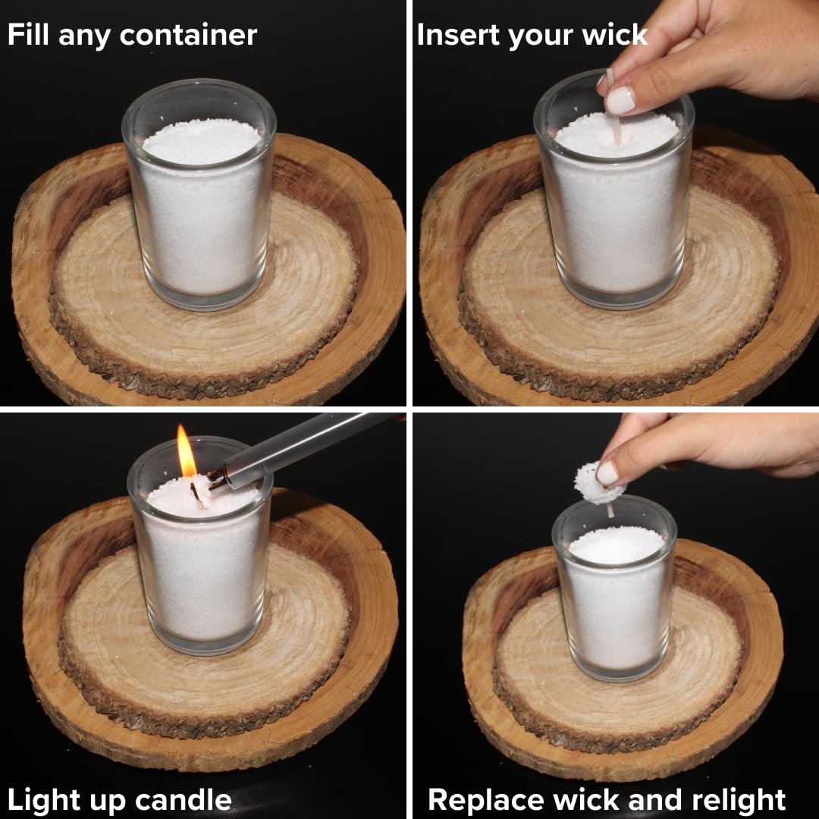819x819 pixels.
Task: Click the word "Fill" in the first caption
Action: point(29,34)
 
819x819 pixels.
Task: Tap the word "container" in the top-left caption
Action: point(188,36)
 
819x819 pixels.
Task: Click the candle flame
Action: point(186,450)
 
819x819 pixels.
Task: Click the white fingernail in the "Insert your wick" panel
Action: point(620,100)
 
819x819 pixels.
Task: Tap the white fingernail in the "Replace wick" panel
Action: point(607,473)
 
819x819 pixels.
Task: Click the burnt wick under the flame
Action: point(196,494)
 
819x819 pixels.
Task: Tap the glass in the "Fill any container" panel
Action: point(199,194)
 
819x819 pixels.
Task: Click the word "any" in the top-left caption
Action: point(85,37)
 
